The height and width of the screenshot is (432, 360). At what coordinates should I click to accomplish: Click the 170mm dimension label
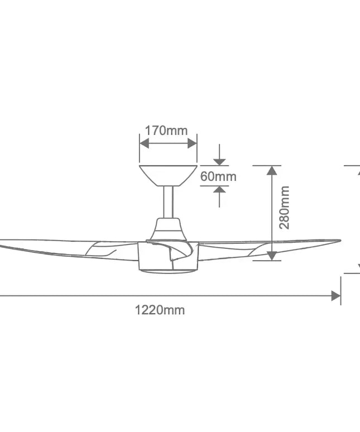point(166,131)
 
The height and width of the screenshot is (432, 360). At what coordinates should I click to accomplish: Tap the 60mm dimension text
point(218,176)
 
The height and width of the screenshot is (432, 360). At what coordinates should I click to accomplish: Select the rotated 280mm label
point(284,208)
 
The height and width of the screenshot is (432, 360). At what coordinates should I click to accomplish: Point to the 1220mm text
point(160,310)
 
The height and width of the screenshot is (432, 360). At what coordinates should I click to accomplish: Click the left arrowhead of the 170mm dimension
point(143,143)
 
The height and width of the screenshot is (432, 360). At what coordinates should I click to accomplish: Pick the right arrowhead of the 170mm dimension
point(193,143)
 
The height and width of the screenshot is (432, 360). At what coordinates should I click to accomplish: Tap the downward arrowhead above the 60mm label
point(220,161)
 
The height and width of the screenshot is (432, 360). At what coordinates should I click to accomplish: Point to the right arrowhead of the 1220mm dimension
point(336,296)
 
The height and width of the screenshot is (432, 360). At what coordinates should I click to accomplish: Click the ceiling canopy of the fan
point(168,175)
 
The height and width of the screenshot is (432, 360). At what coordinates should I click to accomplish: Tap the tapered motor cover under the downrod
point(168,228)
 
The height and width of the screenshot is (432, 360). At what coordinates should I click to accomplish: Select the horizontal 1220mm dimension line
point(167,296)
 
